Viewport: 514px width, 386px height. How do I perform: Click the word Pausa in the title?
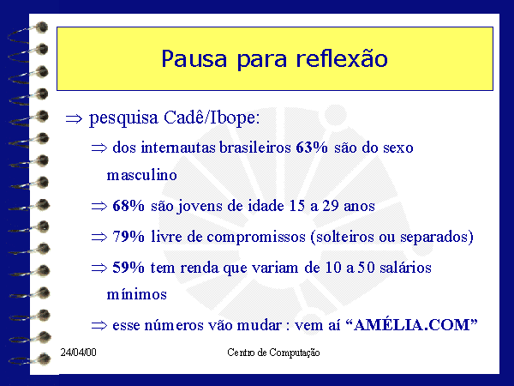click(x=194, y=59)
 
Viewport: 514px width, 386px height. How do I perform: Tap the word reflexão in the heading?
click(x=342, y=58)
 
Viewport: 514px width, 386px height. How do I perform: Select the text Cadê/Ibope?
click(x=212, y=118)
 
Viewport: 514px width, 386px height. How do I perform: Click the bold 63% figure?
click(x=312, y=148)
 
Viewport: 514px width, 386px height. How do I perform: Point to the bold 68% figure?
click(x=128, y=206)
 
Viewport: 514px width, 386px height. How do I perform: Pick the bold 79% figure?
click(x=128, y=237)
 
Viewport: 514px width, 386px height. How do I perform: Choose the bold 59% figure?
click(x=128, y=267)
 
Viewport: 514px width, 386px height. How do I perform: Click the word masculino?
click(x=142, y=175)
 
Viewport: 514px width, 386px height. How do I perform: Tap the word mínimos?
click(x=137, y=294)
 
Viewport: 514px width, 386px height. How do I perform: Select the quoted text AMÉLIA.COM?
click(x=412, y=325)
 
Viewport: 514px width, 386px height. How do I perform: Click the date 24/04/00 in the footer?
click(x=78, y=353)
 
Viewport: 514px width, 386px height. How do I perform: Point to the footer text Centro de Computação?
click(x=273, y=353)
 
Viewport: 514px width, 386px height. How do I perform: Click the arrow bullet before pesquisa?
click(x=74, y=118)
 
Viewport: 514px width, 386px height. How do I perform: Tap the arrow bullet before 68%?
click(x=99, y=207)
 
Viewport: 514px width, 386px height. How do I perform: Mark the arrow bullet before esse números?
click(x=99, y=326)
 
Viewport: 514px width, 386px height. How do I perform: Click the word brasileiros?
click(x=255, y=148)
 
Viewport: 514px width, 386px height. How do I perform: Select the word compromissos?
click(x=256, y=237)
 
